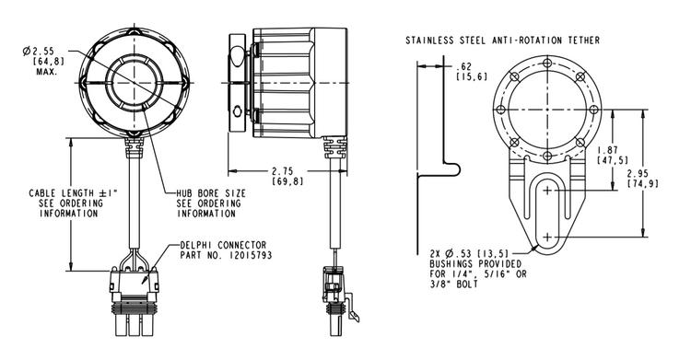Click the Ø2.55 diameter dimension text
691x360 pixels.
tap(39, 52)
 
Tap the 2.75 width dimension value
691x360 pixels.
tap(283, 171)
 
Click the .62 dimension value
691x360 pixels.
tap(464, 66)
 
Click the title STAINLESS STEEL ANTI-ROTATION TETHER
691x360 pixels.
tap(503, 41)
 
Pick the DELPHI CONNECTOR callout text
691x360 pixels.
tap(224, 245)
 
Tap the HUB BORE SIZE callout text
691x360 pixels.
tap(211, 193)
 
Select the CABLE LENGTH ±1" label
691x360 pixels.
tap(73, 193)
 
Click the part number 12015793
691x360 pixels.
tap(252, 255)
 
